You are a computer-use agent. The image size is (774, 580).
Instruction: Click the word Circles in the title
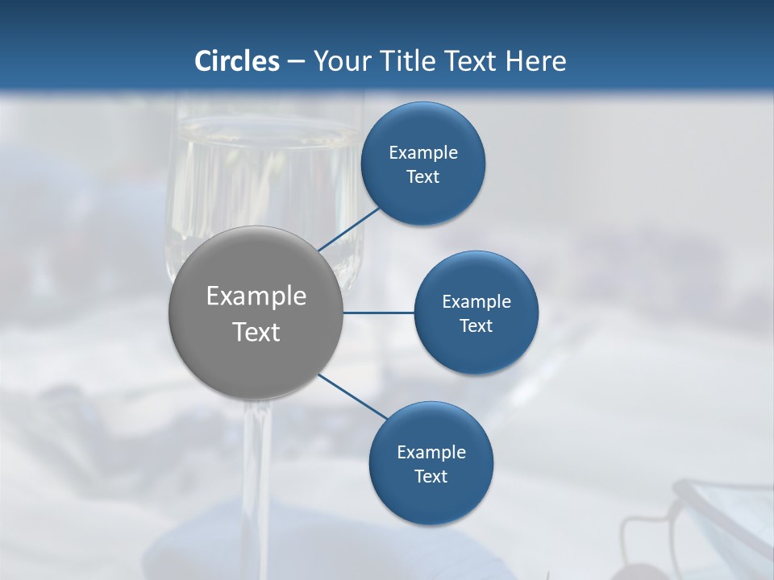(236, 60)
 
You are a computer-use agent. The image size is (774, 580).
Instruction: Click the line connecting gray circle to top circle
(348, 230)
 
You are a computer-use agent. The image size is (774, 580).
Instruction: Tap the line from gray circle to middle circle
(379, 313)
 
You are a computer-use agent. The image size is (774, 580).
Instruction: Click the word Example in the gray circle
(256, 296)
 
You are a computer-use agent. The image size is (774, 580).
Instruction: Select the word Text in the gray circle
(256, 332)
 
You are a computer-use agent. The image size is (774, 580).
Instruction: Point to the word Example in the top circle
(423, 152)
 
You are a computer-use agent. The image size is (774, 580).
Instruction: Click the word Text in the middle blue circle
(476, 325)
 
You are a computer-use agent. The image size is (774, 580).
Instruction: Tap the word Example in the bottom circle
(431, 452)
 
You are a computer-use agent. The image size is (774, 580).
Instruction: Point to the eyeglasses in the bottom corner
(701, 524)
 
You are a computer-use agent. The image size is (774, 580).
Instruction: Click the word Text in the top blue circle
(423, 177)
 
